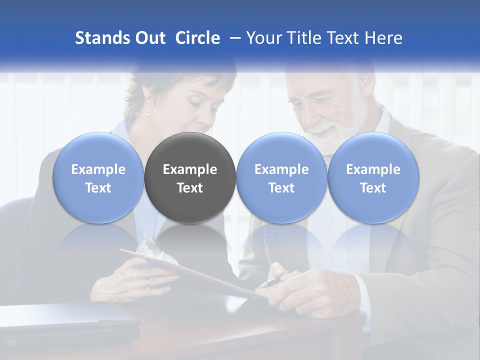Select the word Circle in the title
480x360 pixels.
[197, 38]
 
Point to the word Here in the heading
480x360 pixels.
[384, 38]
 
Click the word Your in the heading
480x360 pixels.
[263, 38]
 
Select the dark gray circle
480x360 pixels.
[190, 177]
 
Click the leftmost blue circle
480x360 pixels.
[98, 177]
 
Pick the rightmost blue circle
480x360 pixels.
[373, 177]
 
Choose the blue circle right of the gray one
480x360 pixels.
[281, 177]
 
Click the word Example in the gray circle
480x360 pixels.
[190, 169]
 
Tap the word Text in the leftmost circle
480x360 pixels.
[98, 188]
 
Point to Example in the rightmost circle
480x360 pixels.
[373, 169]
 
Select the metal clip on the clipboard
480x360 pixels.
[147, 243]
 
